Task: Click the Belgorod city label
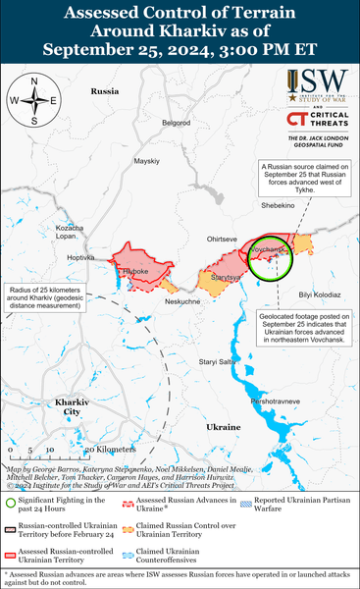tap(176, 123)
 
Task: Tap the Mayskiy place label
tap(146, 160)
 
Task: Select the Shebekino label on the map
tap(279, 205)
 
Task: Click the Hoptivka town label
tap(80, 257)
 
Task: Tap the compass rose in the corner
tap(32, 100)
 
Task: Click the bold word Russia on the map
tap(104, 90)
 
